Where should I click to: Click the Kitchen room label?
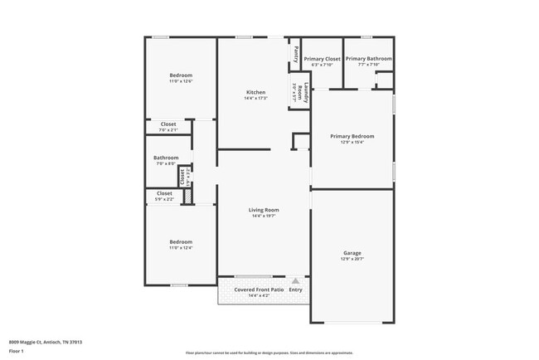pos(255,91)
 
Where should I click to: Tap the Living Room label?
pos(264,210)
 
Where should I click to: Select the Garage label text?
pos(352,253)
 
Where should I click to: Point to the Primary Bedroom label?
pos(352,136)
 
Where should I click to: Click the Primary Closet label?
pos(322,59)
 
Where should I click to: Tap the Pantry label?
pos(294,54)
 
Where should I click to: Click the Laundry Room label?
pos(306,91)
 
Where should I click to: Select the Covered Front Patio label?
pos(259,289)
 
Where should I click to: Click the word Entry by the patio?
pos(295,289)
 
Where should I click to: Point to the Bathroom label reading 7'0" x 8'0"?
pos(166,158)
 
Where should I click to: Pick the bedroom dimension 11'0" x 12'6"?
pos(181,81)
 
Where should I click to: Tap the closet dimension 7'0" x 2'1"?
pos(168,130)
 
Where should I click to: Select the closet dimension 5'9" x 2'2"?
pos(165,199)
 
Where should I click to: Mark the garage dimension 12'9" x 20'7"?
pos(352,260)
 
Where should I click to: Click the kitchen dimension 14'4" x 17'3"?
pos(255,98)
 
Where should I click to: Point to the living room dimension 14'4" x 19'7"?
pos(264,216)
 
